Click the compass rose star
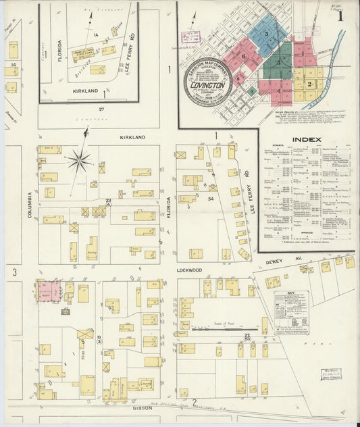[x=79, y=160]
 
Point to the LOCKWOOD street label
[x=189, y=270]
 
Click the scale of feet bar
[x=215, y=330]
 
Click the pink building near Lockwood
[x=49, y=291]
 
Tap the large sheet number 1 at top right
[x=346, y=15]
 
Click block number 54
[x=211, y=199]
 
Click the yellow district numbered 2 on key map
[x=309, y=84]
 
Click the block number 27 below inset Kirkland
[x=102, y=108]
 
